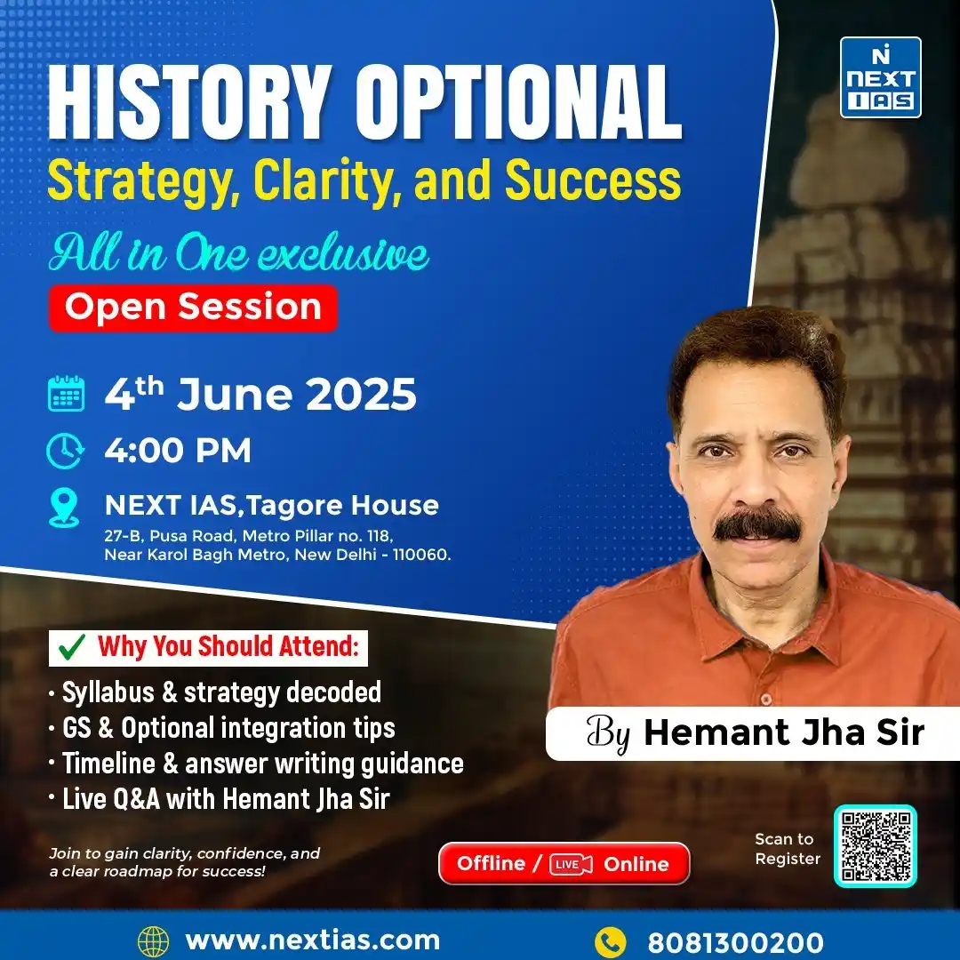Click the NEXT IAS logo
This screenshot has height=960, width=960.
click(880, 77)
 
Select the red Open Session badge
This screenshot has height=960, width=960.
click(193, 308)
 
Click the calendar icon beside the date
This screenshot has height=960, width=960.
click(66, 393)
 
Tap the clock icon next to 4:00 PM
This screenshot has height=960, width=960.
click(66, 451)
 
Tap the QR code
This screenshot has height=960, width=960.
click(875, 845)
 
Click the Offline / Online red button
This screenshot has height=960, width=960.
click(564, 863)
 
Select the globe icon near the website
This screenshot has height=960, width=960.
click(153, 941)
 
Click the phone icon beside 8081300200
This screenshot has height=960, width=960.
click(610, 941)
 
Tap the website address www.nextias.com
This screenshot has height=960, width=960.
click(312, 940)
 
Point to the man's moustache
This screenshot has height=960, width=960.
click(757, 524)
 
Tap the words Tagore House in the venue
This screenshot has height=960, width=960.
click(342, 506)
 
